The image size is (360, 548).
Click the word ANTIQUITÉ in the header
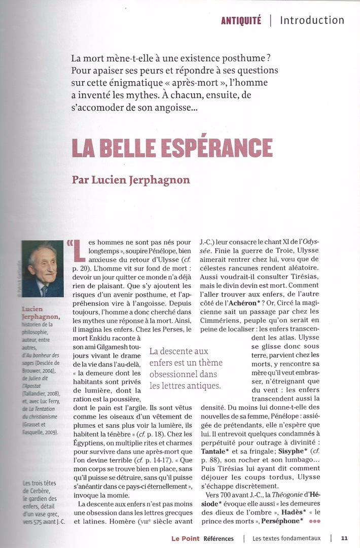pos(241,21)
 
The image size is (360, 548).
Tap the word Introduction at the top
pos(312,20)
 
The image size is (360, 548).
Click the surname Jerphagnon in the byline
pos(153,180)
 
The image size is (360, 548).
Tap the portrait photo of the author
pos(43,269)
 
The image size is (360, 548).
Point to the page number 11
pos(344,538)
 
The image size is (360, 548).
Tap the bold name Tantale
pos(214,436)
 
